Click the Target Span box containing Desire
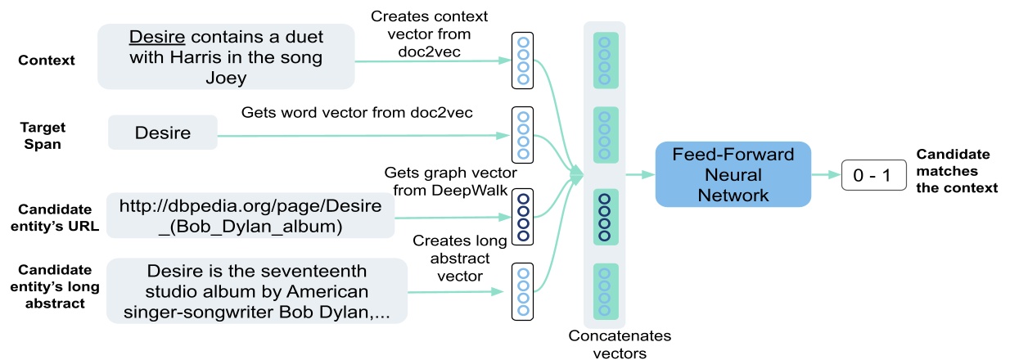coord(163,133)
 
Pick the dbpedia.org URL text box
coord(250,215)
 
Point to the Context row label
coord(47,61)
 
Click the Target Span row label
coord(43,135)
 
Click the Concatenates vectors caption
coord(609,344)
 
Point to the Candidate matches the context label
coord(956,171)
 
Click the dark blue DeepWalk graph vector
coord(522,218)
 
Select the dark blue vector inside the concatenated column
coord(605,216)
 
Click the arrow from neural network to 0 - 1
coord(825,175)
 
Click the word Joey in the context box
coord(226,77)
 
